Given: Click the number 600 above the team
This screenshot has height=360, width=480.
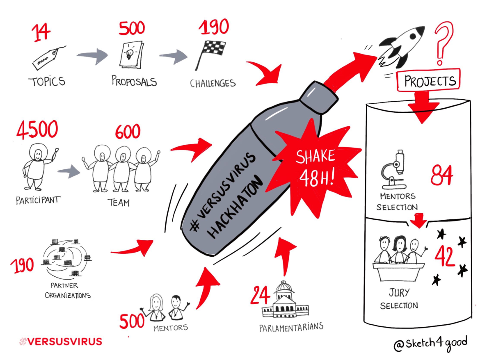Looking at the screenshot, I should click(x=127, y=132).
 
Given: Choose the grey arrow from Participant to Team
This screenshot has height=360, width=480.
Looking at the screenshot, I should click(x=69, y=172).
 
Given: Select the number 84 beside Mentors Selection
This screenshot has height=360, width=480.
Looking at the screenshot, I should click(x=442, y=176).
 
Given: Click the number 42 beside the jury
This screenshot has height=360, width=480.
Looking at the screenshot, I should click(x=445, y=256).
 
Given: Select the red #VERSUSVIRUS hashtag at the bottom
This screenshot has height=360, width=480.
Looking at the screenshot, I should click(x=61, y=341).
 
